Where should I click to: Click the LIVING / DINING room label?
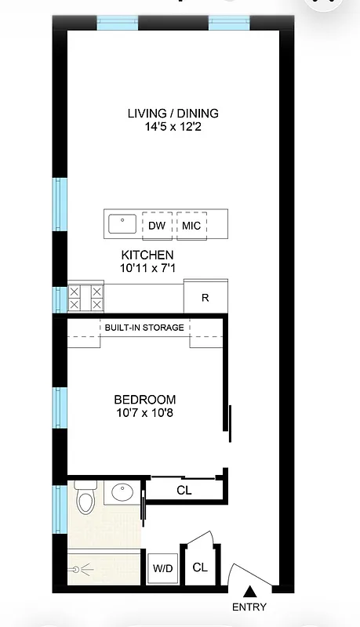[x=173, y=114]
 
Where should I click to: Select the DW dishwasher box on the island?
[x=156, y=226]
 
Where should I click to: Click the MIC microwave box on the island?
[x=191, y=226]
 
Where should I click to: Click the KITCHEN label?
[x=147, y=256]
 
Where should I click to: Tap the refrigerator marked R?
[x=205, y=298]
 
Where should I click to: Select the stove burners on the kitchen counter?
[x=85, y=298]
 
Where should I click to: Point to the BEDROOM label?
[x=144, y=399]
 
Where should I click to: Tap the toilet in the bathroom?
[x=85, y=498]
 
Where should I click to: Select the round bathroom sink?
[x=122, y=494]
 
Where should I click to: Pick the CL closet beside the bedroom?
[x=184, y=491]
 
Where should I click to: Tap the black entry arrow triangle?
[x=249, y=593]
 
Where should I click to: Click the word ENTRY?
[x=249, y=607]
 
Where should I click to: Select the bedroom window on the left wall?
[x=60, y=408]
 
